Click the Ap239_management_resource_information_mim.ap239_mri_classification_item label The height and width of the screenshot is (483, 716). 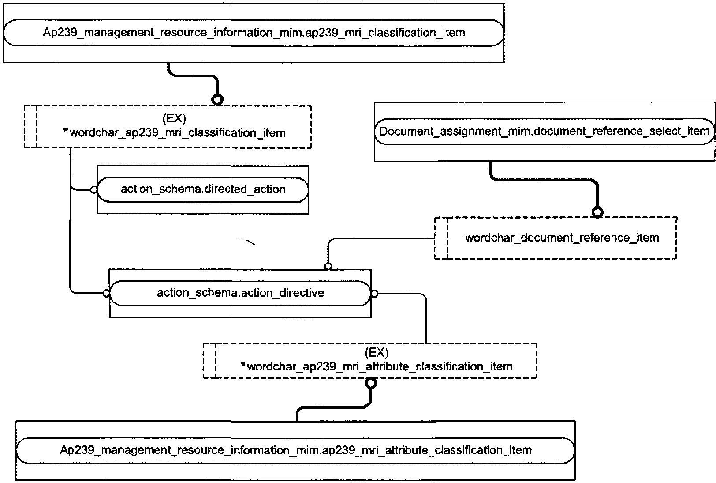pyautogui.click(x=254, y=33)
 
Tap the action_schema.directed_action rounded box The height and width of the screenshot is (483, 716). pyautogui.click(x=202, y=189)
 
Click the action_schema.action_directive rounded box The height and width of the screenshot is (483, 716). pyautogui.click(x=240, y=293)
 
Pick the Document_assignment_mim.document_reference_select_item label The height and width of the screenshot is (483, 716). pyautogui.click(x=544, y=131)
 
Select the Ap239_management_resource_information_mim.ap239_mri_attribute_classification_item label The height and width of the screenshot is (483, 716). pyautogui.click(x=295, y=450)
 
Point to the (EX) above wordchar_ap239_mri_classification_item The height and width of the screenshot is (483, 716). pyautogui.click(x=174, y=118)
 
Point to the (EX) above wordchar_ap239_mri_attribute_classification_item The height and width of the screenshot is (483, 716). pyautogui.click(x=377, y=352)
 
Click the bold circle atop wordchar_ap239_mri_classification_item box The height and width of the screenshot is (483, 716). pyautogui.click(x=217, y=100)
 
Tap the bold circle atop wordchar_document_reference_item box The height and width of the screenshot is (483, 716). pyautogui.click(x=597, y=212)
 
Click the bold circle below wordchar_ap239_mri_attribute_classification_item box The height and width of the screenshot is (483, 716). pyautogui.click(x=371, y=383)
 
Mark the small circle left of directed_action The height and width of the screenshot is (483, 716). pyautogui.click(x=93, y=190)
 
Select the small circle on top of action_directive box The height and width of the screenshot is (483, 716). pyautogui.click(x=328, y=266)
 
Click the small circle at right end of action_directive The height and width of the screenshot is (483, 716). pyautogui.click(x=374, y=294)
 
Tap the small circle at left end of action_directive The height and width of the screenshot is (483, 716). pyautogui.click(x=105, y=293)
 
